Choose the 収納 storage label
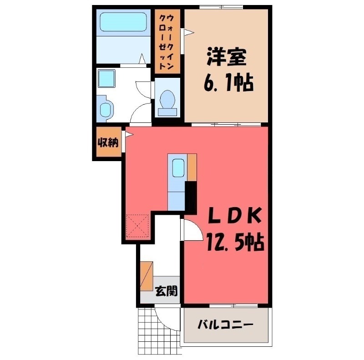(x=108, y=142)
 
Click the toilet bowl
(x=168, y=100)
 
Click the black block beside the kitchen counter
(x=191, y=196)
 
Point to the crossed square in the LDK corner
(x=138, y=226)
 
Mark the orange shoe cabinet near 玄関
(x=147, y=275)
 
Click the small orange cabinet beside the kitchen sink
(x=192, y=167)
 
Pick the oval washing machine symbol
(x=105, y=109)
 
